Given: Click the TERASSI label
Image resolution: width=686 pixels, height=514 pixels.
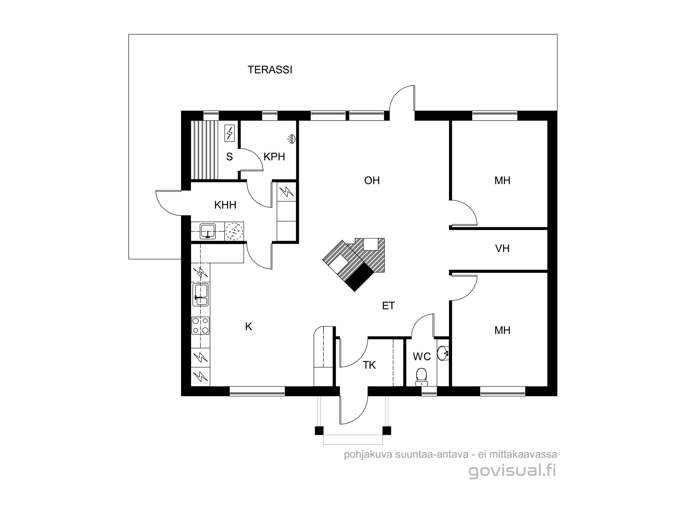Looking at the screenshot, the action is [270, 70].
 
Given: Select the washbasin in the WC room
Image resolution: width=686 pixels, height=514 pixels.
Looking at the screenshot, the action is [443, 353].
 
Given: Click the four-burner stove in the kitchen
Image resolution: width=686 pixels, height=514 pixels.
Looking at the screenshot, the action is [201, 326].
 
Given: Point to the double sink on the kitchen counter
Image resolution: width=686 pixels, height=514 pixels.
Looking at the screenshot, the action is [201, 295].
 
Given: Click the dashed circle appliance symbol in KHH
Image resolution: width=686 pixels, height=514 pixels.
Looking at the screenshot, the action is [234, 231].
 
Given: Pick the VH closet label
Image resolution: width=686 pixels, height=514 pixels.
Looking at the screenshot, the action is [502, 248].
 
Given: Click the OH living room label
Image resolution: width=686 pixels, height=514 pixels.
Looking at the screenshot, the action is [372, 181].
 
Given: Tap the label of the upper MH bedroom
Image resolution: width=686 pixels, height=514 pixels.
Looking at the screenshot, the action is [502, 181].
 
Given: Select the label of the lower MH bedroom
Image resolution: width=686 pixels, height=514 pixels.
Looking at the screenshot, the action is [502, 330].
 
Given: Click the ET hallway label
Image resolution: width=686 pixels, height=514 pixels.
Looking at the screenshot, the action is [389, 306].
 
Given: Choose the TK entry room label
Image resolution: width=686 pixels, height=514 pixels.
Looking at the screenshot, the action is [369, 365].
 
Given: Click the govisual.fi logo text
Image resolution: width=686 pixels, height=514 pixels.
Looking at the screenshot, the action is [512, 471].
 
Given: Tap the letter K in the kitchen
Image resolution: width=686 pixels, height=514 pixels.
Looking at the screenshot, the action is [249, 327].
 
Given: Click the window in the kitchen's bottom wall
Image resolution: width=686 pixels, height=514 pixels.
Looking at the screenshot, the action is [257, 391].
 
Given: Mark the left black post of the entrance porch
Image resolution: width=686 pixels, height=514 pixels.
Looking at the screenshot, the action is [319, 430].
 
